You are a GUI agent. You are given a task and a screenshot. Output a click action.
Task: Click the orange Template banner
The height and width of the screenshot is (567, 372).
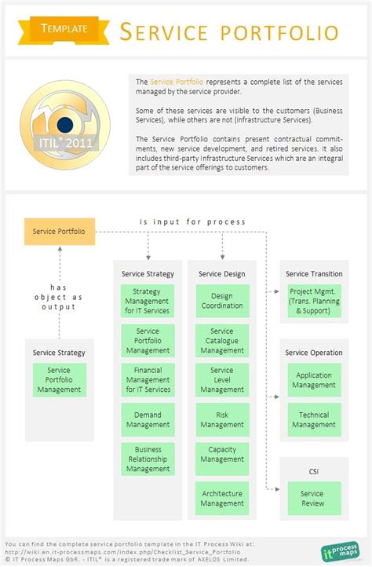pos(64,28)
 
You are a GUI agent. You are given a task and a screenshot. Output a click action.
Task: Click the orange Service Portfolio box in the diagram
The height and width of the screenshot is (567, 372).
pos(59,232)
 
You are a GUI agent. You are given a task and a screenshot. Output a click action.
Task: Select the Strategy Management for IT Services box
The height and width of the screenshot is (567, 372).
pos(148,302)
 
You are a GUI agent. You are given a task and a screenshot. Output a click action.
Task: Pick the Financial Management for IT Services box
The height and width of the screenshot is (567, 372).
pos(148,380)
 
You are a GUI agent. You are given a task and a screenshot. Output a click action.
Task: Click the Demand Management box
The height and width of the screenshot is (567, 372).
pos(148,419)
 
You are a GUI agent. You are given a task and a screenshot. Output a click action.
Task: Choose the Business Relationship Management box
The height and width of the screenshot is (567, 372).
pos(148,459)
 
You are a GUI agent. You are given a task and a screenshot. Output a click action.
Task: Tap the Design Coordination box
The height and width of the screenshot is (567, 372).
pos(222,302)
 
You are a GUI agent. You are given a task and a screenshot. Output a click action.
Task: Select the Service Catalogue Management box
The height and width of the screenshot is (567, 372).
pos(222,341)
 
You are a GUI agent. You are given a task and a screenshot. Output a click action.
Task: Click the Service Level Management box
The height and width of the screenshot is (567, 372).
pos(222,380)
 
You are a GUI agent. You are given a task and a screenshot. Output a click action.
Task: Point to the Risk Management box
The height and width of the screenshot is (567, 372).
pos(222,419)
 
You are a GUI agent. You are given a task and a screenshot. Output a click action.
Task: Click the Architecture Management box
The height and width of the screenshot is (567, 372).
pos(222,498)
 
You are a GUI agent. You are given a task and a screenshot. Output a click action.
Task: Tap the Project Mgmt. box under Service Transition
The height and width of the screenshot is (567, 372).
pos(314,302)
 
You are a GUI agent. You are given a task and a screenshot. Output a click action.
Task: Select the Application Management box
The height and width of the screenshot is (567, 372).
pos(314,380)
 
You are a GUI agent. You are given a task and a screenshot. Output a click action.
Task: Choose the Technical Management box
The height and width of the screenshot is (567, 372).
pos(314,419)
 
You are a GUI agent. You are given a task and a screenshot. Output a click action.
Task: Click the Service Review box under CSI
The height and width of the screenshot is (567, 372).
pos(314,498)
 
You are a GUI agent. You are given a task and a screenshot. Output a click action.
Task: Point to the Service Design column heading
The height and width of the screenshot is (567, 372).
pos(222,274)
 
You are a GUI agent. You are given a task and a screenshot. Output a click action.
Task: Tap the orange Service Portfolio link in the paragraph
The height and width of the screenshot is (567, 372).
pos(177,82)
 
